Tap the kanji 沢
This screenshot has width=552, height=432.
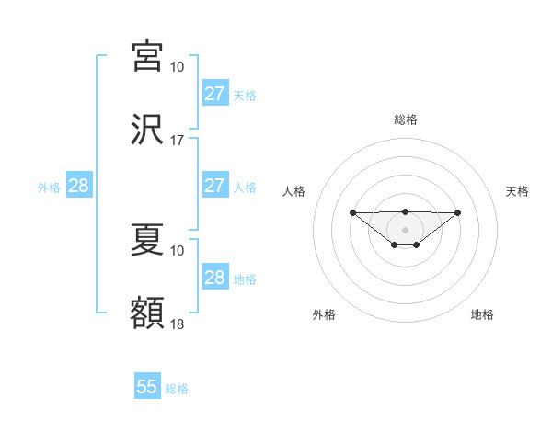[x=147, y=131]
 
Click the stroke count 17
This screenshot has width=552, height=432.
[x=178, y=142]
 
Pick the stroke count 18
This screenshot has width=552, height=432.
[x=178, y=324]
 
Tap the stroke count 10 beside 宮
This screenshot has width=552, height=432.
[x=178, y=67]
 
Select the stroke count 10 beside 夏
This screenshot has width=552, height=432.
[x=178, y=250]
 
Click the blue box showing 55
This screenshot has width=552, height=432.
[x=147, y=387]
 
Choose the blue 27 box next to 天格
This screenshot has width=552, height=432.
[x=214, y=94]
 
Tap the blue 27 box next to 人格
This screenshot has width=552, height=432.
[x=214, y=186]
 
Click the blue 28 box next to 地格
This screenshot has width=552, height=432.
[x=214, y=278]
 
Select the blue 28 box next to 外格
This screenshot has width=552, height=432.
[x=79, y=186]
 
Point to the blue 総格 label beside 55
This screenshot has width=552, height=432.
[x=177, y=389]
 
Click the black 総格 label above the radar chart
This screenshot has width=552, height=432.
[x=406, y=119]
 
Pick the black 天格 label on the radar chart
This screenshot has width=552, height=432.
[x=518, y=191]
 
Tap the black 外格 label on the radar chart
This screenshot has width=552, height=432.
[x=324, y=314]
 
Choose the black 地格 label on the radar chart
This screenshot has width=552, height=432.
[x=482, y=314]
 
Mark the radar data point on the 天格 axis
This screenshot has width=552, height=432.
[x=458, y=212]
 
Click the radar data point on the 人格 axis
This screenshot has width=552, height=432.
[x=352, y=212]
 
